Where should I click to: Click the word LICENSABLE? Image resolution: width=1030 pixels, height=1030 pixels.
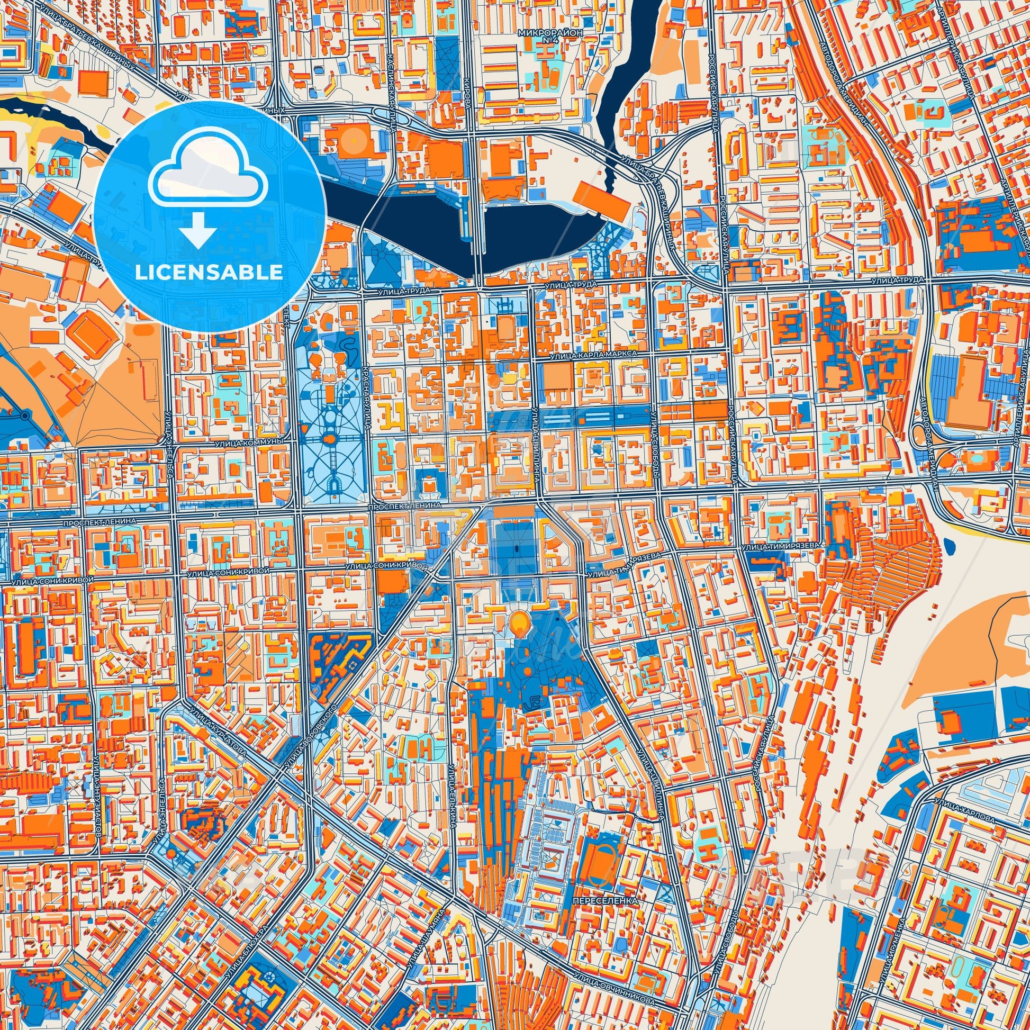(x=209, y=273)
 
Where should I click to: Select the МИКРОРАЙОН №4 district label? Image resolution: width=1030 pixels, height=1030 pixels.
(x=549, y=36)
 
